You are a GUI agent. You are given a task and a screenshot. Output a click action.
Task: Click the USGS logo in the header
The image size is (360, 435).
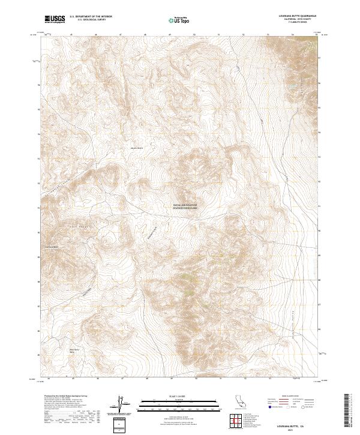(x=55, y=19)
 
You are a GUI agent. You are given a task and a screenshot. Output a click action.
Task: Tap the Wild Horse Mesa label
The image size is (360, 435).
(x=75, y=351)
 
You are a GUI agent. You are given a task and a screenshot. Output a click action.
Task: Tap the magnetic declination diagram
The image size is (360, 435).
(x=119, y=406)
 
